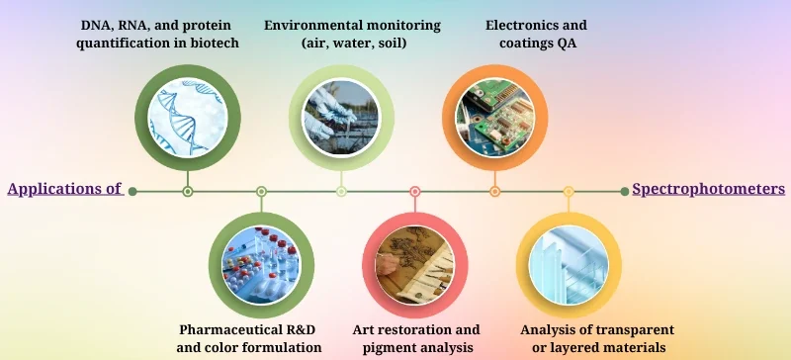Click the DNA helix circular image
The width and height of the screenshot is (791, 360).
[188, 118]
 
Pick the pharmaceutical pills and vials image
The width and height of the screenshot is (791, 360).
[261, 265]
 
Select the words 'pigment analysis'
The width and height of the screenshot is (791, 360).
[416, 347]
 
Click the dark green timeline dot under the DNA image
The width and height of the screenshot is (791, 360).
[188, 191]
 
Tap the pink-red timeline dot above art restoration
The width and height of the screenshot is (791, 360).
[415, 191]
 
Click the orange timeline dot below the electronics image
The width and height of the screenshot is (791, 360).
[494, 191]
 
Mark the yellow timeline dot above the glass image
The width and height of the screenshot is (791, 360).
[569, 191]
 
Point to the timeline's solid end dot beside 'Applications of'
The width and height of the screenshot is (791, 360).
[132, 191]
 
